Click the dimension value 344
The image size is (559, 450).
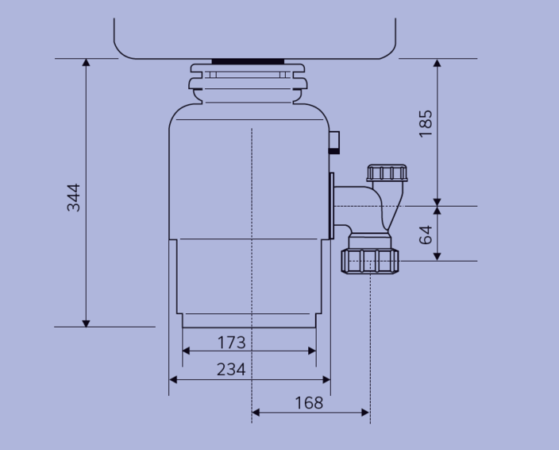[x=73, y=198]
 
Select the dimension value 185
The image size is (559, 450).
[x=426, y=123]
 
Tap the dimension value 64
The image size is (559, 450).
[x=426, y=235]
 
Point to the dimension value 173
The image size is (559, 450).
[x=231, y=343]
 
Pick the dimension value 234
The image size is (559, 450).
[x=231, y=370]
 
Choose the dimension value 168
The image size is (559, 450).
[x=309, y=403]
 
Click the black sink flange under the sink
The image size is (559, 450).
[x=248, y=61]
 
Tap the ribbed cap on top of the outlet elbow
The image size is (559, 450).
[x=387, y=173]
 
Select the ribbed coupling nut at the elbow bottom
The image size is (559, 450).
[x=370, y=262]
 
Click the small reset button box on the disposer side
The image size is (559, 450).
[x=334, y=142]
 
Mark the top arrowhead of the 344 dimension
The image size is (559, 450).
[x=86, y=63]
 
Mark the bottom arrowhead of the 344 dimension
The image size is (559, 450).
[x=86, y=323]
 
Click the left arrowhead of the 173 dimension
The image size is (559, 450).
[x=186, y=351]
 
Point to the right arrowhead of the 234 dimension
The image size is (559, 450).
[x=326, y=380]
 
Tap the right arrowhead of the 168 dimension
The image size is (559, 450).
[x=365, y=413]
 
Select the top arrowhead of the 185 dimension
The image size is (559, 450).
[x=438, y=63]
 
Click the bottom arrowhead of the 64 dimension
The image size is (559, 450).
[x=438, y=257]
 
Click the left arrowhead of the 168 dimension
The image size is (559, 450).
[x=256, y=413]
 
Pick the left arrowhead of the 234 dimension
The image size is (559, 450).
[x=173, y=380]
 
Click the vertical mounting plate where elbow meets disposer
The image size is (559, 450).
[x=332, y=206]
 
